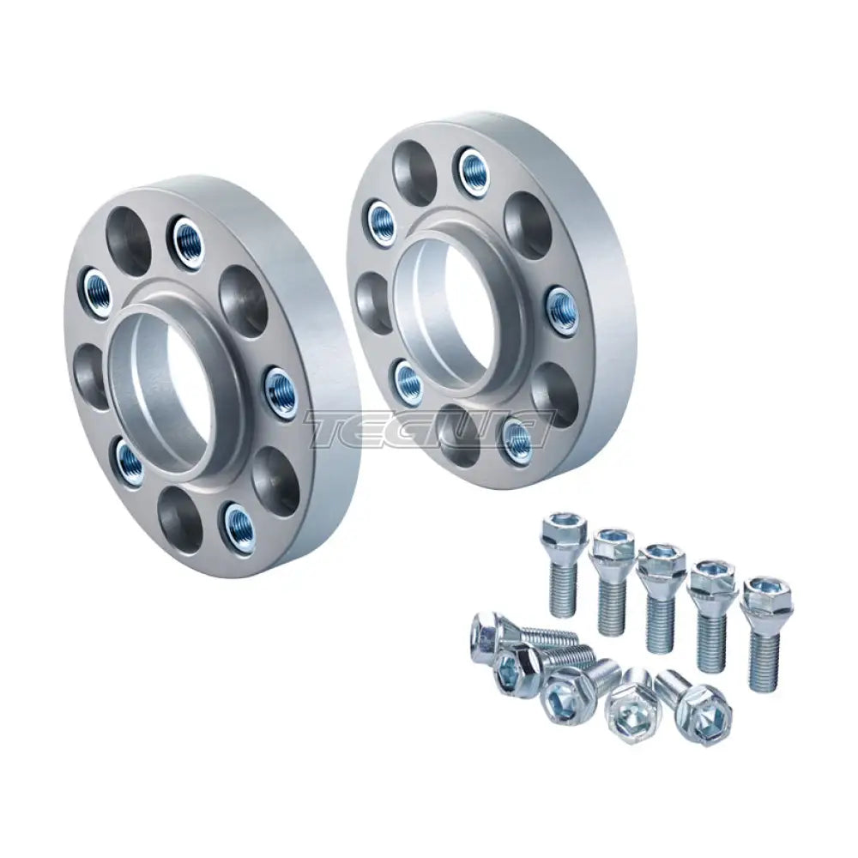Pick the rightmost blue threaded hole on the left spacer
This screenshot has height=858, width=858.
281,393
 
